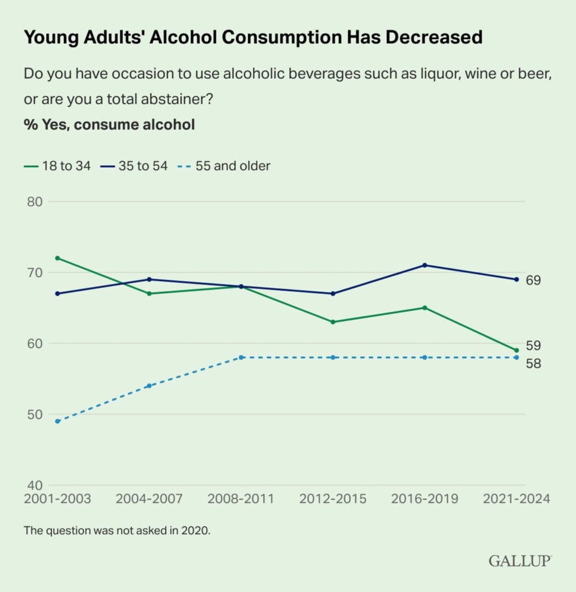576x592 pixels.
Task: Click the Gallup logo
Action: click(520, 561)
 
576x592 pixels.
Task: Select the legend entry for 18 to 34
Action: click(57, 166)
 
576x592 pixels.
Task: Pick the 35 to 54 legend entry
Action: click(134, 166)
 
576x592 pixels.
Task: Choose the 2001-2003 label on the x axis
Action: click(57, 498)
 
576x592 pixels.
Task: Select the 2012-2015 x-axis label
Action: click(333, 498)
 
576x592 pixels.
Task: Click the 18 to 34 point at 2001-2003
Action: click(57, 258)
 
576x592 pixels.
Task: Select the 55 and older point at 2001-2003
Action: click(57, 422)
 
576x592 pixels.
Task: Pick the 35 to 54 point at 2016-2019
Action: click(425, 265)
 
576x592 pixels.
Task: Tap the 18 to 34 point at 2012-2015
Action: click(333, 322)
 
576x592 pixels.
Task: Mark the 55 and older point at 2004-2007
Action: click(149, 386)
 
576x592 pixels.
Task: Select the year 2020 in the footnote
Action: click(197, 530)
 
